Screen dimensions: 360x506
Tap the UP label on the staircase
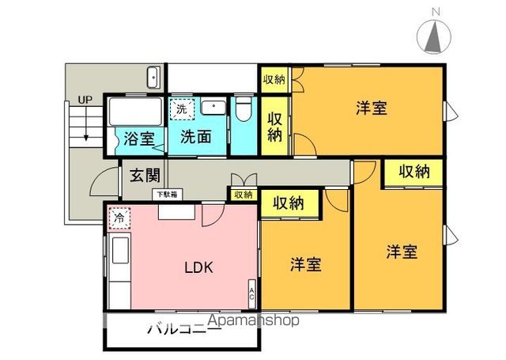(84, 100)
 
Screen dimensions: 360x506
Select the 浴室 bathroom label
(139, 138)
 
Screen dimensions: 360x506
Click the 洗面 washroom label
(196, 135)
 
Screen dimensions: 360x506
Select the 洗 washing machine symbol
(182, 108)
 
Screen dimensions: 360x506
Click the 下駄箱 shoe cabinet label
(167, 193)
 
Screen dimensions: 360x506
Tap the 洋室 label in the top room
(370, 108)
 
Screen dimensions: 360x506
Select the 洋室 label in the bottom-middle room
(304, 263)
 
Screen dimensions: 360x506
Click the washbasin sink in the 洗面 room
(213, 108)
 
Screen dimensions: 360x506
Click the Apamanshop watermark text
(253, 321)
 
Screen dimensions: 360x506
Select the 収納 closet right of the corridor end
(414, 171)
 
